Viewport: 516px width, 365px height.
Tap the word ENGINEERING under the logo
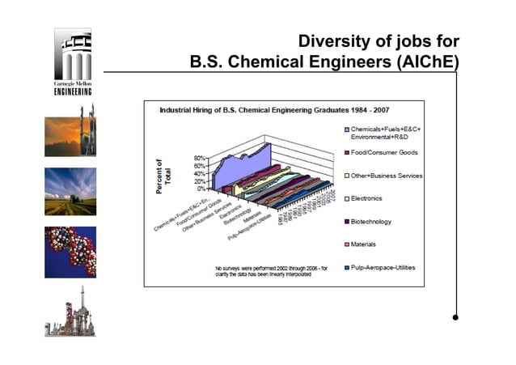coord(73,91)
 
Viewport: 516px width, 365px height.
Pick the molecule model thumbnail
coord(70,252)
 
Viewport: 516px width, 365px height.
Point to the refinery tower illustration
coord(70,312)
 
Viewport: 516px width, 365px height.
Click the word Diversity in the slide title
coord(332,41)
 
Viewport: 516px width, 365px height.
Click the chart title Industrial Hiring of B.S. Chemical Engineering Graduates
coord(283,110)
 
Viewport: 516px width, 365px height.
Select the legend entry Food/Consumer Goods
coord(383,152)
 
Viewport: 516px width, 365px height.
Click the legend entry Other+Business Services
coord(391,176)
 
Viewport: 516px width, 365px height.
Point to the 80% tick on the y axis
coord(201,159)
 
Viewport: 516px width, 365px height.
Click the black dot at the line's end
coord(456,317)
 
